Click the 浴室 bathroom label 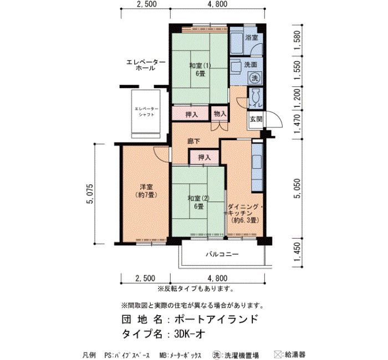coord(252,38)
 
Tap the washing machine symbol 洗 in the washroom coord(255,78)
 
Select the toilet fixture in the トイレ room coord(256,96)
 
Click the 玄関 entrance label coord(256,119)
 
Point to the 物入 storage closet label coord(220,114)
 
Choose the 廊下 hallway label coord(194,141)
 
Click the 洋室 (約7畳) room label coord(146,191)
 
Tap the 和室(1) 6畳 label coord(200,69)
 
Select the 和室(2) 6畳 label coord(198,202)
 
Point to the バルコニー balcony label coord(222,254)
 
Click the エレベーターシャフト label coord(146,111)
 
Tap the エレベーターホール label coord(146,65)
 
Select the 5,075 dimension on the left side coord(90,194)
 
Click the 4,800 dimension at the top coord(217,4)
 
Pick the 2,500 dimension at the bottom coord(145,279)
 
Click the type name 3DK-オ coord(190,334)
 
